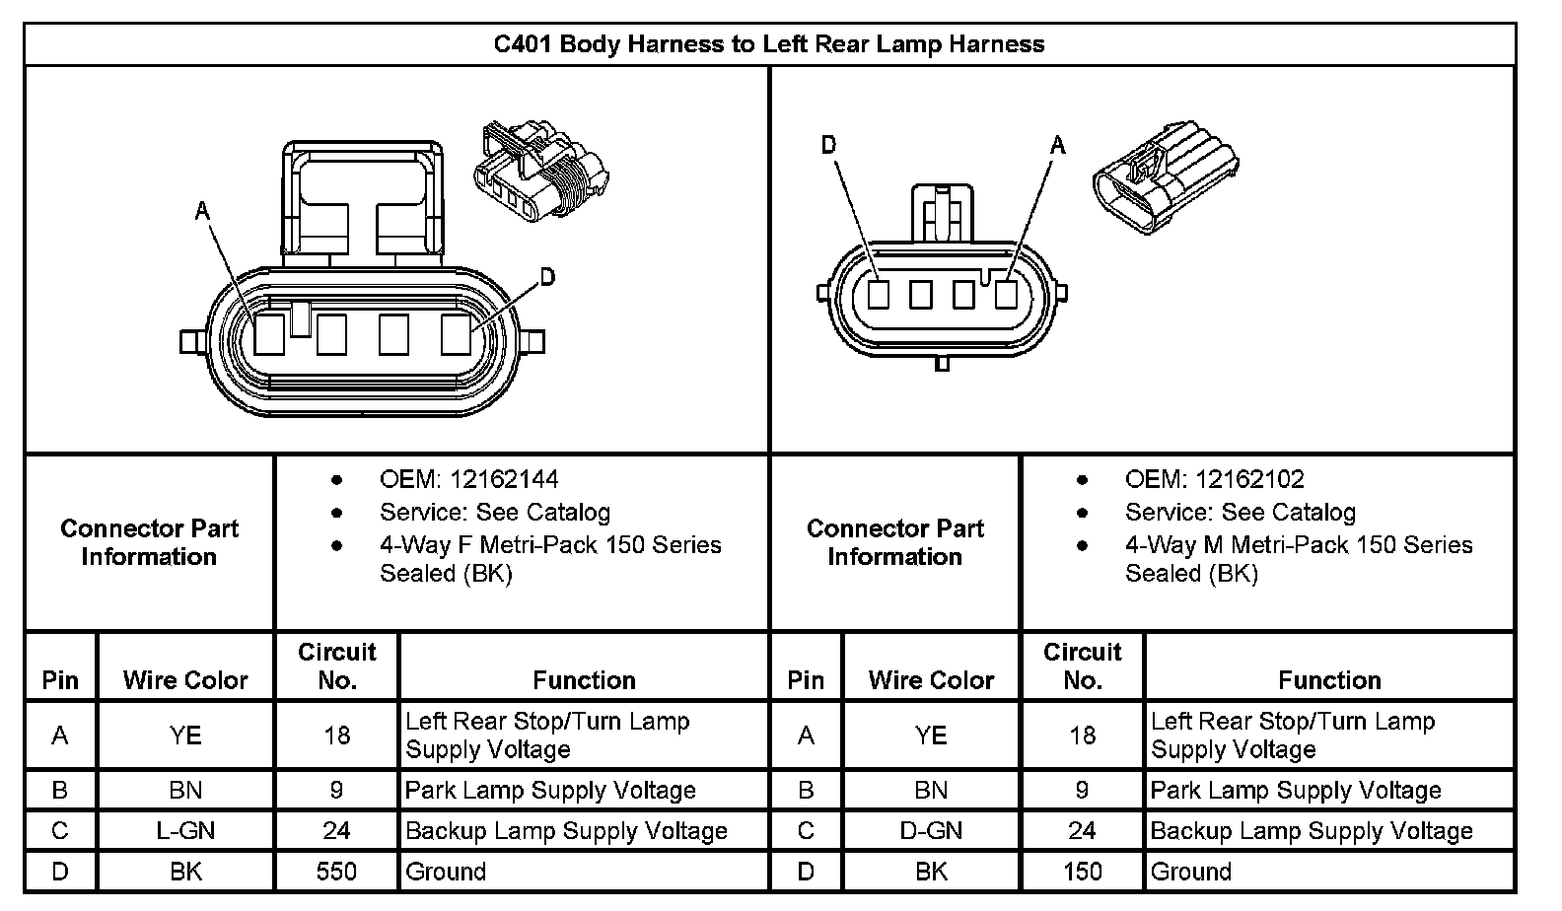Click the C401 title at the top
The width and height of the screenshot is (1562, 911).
768,44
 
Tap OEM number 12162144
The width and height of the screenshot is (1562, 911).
504,480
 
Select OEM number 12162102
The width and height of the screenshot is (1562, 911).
1249,480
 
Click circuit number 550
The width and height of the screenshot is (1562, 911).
336,872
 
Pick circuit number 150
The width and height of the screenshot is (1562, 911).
1082,872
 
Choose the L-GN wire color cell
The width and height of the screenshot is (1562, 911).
185,831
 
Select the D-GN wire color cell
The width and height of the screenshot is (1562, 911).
931,831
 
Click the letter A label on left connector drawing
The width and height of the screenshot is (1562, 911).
202,211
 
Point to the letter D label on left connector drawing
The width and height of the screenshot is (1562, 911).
547,277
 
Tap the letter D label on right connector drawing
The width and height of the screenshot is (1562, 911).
828,146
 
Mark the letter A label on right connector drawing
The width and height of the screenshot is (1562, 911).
1058,146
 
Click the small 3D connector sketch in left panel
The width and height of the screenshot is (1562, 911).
541,171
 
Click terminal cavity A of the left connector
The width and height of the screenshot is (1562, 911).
269,335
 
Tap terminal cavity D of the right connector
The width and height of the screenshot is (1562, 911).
879,294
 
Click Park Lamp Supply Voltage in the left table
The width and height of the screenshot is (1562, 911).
550,791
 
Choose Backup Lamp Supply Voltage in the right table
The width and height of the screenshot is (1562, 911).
1312,831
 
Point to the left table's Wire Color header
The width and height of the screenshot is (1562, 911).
185,680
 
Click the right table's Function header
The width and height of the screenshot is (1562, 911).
1329,680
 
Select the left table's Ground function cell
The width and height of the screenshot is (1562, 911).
446,872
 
